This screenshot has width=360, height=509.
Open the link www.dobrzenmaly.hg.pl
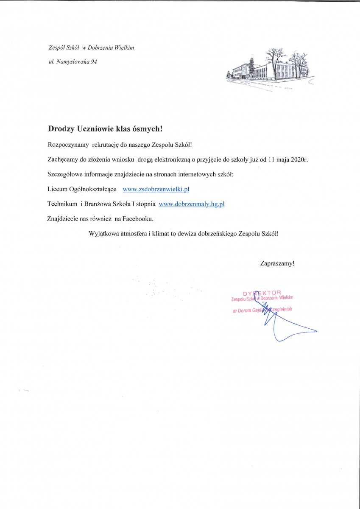point(191,204)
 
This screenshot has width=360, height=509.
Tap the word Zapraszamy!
point(277,263)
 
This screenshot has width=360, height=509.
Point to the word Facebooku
point(138,219)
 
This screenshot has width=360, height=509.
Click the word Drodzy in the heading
point(61,128)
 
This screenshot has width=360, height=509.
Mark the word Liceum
point(57,189)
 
